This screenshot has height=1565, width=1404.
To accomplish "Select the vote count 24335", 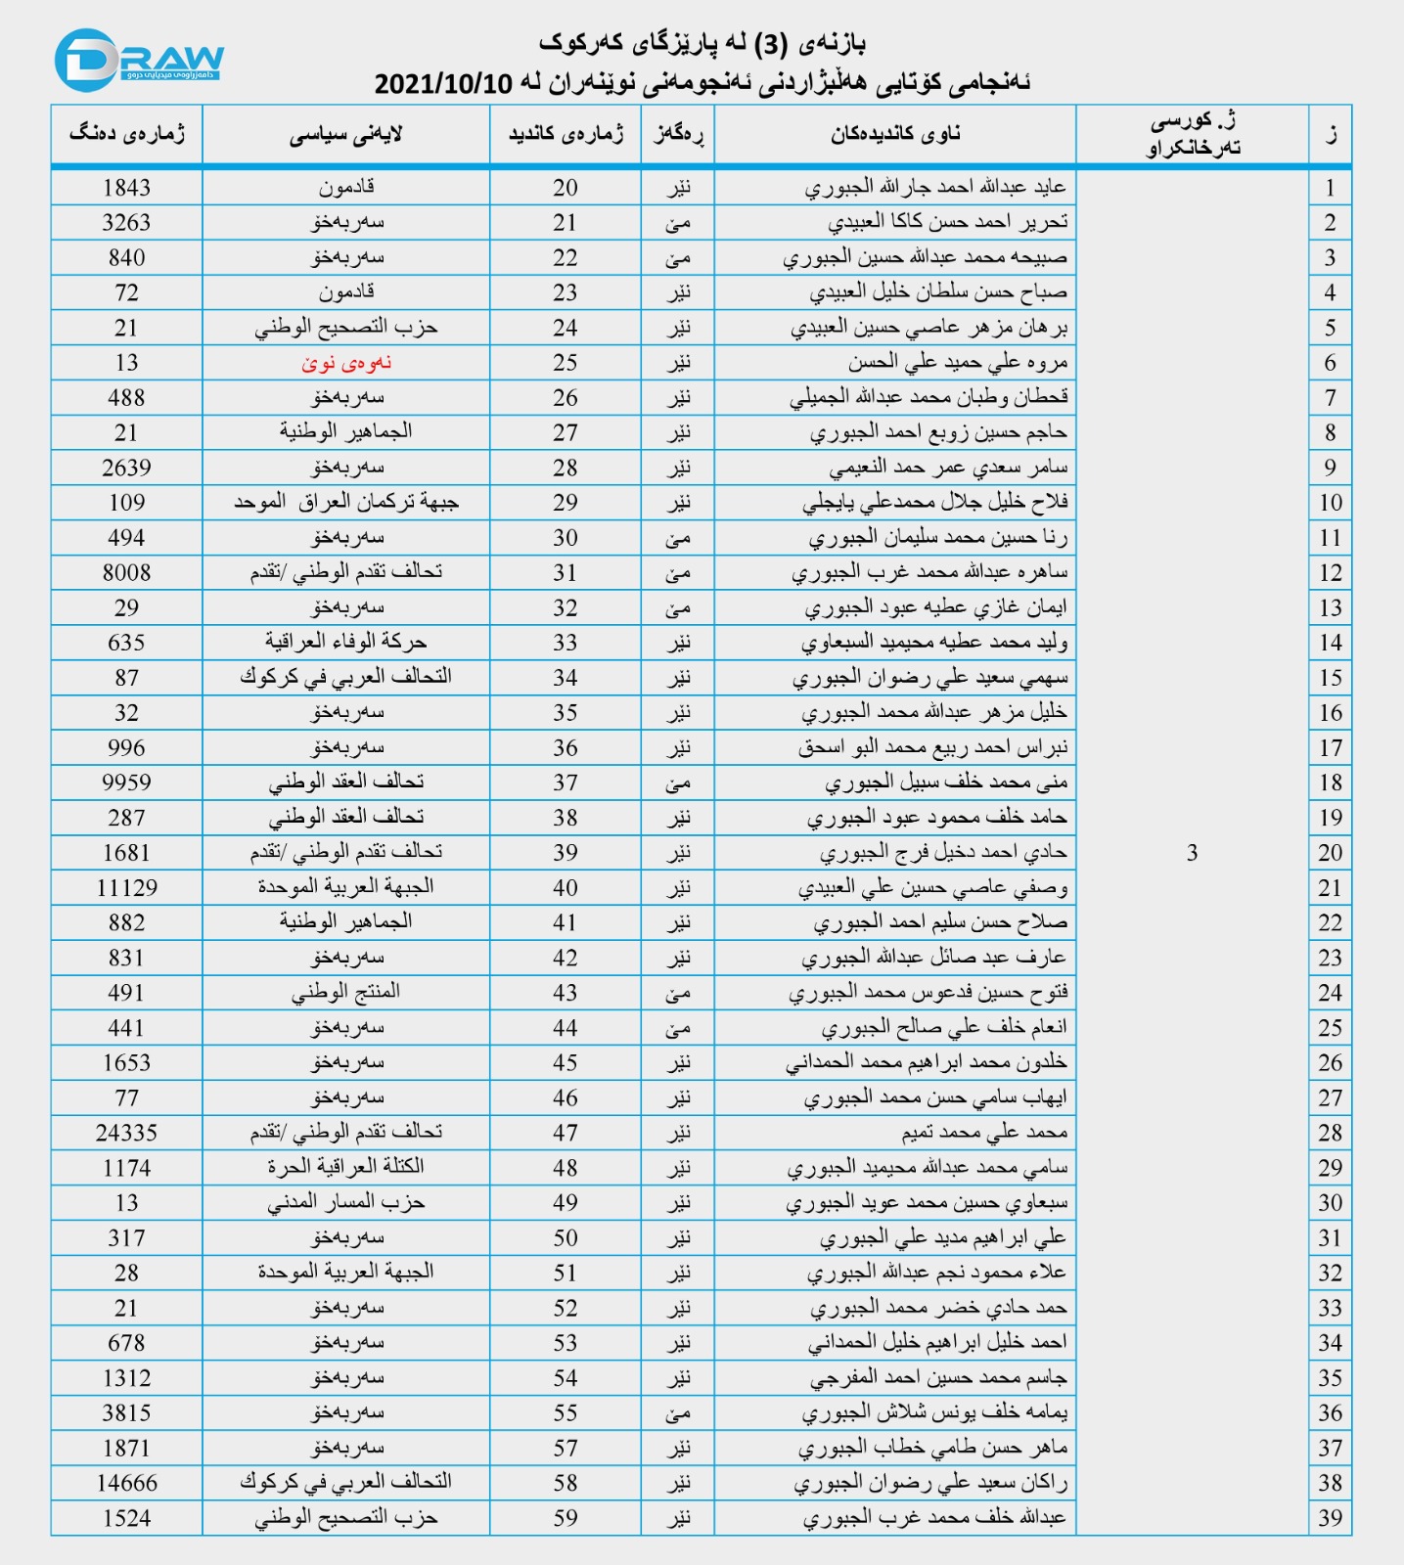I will [x=126, y=1133].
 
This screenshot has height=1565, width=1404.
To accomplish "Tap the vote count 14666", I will [x=126, y=1483].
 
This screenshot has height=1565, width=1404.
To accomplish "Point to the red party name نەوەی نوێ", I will [x=346, y=363].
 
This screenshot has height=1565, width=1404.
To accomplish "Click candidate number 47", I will [x=566, y=1133].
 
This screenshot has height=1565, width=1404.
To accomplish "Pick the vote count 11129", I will [x=126, y=888].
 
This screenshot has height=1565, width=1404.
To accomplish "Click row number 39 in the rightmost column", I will [x=1330, y=1518].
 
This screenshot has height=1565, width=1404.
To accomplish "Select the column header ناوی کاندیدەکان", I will [x=895, y=135].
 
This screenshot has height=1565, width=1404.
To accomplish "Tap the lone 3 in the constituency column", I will [x=1192, y=853].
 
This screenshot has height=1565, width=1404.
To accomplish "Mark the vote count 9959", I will [x=126, y=782].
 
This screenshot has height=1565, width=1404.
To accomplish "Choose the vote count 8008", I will [x=126, y=572].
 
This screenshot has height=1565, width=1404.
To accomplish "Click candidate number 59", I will [x=566, y=1518].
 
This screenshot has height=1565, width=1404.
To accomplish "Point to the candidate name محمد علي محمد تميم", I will [x=984, y=1133].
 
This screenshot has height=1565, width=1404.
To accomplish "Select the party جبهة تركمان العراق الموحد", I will [x=346, y=503].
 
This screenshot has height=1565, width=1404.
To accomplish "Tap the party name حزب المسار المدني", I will [x=346, y=1203].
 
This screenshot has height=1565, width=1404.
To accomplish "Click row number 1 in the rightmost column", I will [x=1330, y=188].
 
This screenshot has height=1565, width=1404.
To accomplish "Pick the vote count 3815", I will [x=126, y=1413].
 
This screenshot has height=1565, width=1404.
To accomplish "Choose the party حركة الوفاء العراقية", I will [x=346, y=643].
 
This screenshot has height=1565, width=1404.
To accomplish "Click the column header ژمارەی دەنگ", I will [x=126, y=135].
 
